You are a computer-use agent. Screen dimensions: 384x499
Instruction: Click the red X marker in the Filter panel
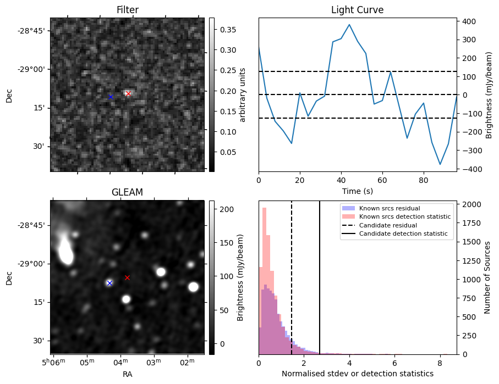[128, 93]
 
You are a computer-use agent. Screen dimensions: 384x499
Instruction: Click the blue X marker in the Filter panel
[110, 97]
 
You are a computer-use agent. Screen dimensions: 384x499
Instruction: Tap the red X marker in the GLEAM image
[127, 277]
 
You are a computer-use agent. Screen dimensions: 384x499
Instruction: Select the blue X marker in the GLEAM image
[109, 283]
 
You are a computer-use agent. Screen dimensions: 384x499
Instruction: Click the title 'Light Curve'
[357, 10]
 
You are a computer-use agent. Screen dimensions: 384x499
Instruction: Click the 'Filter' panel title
[127, 10]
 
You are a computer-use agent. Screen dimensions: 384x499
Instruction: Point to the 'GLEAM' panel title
[127, 192]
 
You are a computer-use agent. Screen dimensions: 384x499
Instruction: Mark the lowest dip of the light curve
[440, 164]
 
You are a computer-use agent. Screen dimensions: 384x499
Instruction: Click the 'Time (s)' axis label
[357, 190]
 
